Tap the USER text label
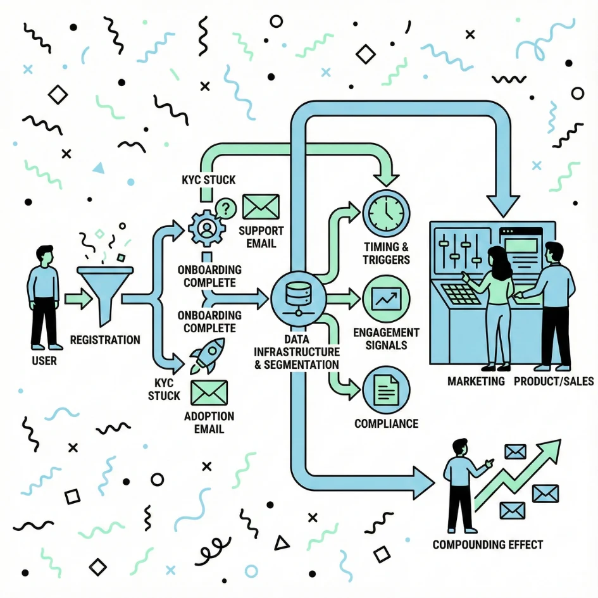point(44,361)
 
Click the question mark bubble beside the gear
point(225,208)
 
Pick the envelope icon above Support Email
point(261,207)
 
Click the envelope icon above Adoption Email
point(209,393)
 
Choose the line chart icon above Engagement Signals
point(386,299)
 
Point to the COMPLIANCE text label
point(386,423)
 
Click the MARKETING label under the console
point(476,381)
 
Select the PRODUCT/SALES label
point(554,381)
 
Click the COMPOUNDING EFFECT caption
point(487,544)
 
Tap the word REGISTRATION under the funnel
point(105,340)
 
